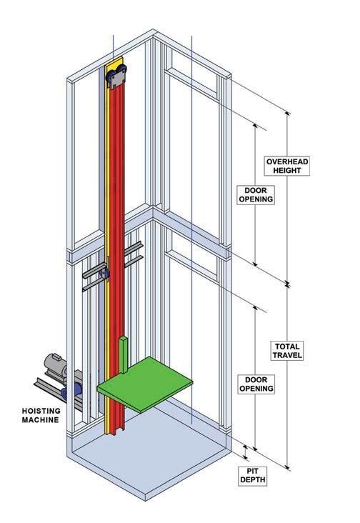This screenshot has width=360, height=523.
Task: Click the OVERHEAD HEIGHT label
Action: click(287, 166)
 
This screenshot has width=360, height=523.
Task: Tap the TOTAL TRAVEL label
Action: click(287, 351)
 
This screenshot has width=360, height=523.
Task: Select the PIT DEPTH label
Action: click(252, 476)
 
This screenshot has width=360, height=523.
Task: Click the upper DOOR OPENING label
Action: click(256, 195)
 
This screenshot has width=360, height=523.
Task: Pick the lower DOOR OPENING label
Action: click(256, 384)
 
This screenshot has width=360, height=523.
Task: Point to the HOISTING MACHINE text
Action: click(41, 415)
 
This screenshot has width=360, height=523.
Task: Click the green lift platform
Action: click(145, 384)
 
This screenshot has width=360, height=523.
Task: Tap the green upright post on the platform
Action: click(124, 354)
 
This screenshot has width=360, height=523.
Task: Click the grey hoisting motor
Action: click(55, 364)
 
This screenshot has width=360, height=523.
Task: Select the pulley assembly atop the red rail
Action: click(116, 76)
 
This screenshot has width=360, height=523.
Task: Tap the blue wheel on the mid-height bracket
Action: click(104, 274)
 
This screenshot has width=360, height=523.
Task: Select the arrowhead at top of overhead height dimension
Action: click(287, 114)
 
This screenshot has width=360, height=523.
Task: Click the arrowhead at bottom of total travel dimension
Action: click(288, 466)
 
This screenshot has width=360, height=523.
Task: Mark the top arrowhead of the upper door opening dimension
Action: click(255, 126)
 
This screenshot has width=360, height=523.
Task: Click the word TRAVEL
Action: click(287, 355)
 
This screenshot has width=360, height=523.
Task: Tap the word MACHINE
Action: click(40, 419)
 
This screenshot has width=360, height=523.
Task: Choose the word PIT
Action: click(252, 471)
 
